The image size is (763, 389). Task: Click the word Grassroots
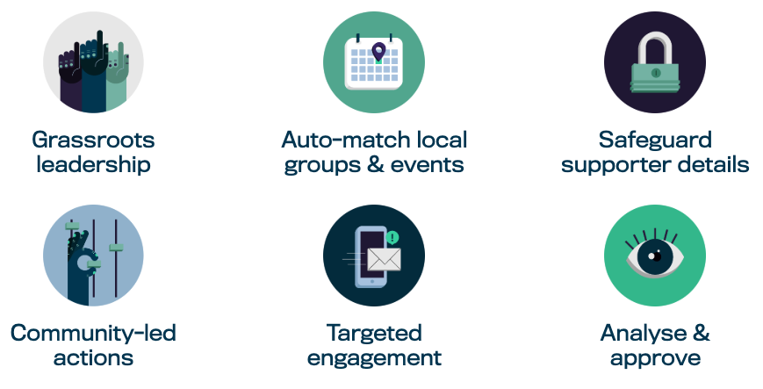click(x=93, y=140)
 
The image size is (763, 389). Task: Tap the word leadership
click(x=93, y=164)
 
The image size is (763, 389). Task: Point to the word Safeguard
click(x=655, y=140)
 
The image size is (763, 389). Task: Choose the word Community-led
click(x=93, y=333)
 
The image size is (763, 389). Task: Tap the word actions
click(x=93, y=357)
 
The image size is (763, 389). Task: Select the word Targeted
click(x=374, y=333)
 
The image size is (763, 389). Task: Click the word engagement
click(x=374, y=357)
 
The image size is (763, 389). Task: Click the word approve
click(x=655, y=357)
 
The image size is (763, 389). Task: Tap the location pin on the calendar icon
click(x=378, y=53)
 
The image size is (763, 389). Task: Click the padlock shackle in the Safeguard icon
click(x=655, y=44)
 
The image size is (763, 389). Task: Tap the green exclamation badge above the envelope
click(x=392, y=237)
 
